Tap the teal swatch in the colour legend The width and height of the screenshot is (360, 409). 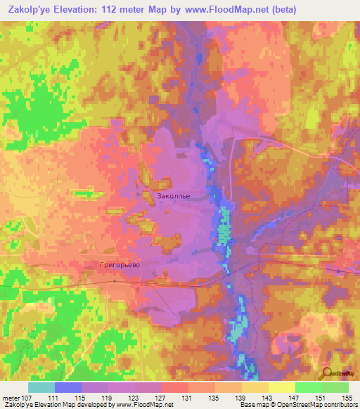41,387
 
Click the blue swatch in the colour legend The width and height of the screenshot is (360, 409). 68,387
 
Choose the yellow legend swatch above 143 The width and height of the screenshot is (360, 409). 255,387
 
